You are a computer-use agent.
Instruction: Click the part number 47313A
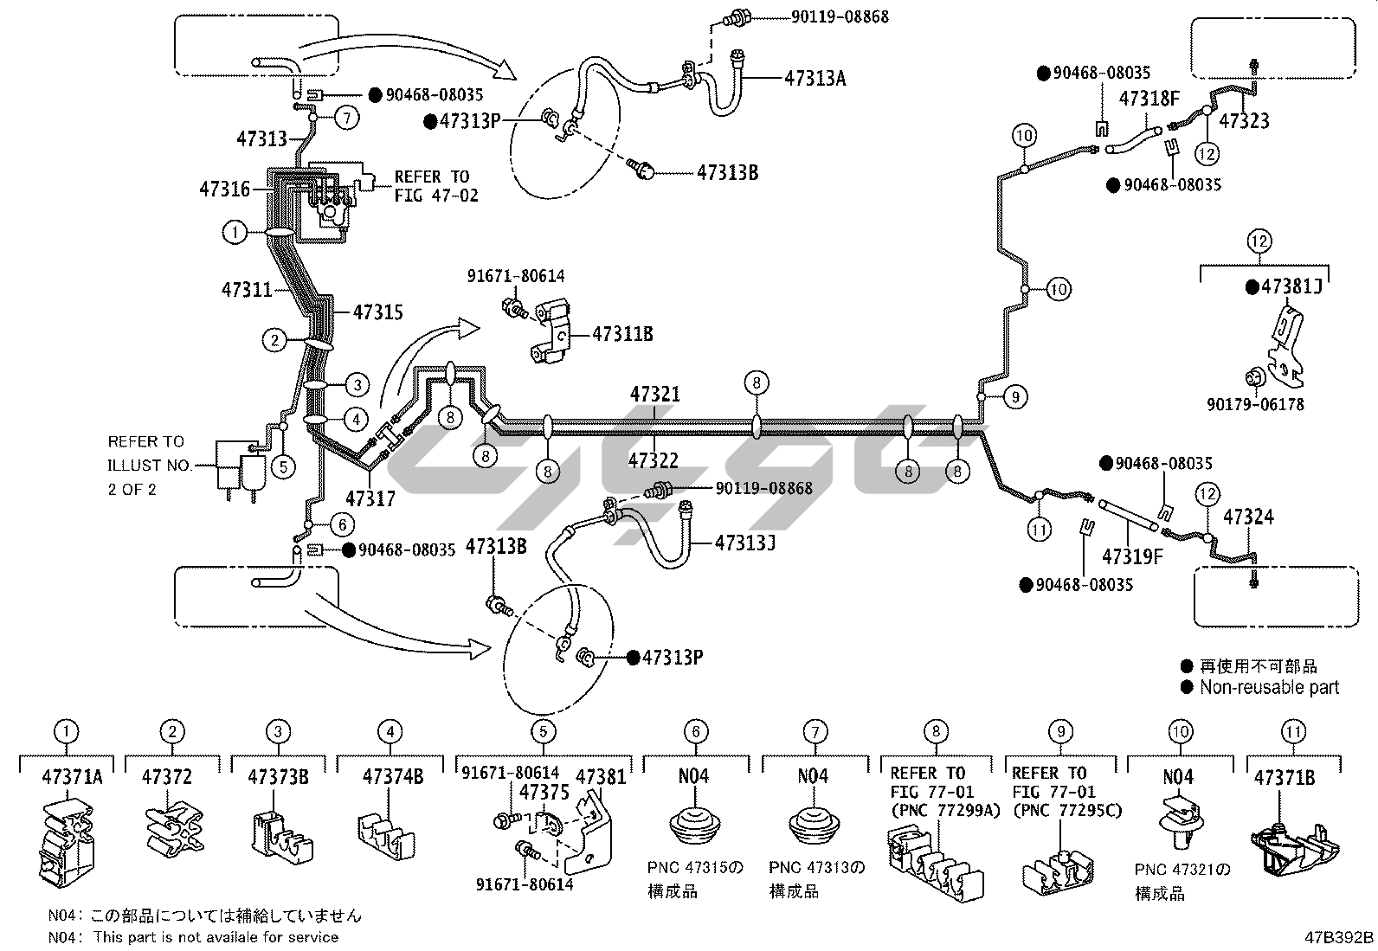pos(815,78)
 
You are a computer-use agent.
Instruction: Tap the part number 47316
pos(224,189)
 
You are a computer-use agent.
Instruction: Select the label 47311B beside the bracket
pos(622,334)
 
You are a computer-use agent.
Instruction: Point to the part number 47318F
pos(1149,99)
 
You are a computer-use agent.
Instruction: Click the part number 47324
pos(1248,517)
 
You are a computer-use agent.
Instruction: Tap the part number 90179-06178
pos(1255,404)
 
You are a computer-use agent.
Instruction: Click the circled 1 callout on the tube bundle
pos(235,233)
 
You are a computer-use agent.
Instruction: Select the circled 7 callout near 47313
pos(347,118)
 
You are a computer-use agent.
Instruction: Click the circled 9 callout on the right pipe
pos(1015,397)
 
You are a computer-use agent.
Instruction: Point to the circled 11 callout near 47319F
pos(1039,529)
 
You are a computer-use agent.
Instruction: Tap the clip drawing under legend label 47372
pos(174,829)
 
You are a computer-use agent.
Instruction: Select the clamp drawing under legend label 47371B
pos(1294,848)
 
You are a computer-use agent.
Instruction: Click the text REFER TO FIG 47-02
pos(436,186)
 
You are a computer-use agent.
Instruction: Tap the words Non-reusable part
pos(1269,687)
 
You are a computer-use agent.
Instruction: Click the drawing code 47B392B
pos(1339,937)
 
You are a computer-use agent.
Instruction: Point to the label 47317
pos(370,498)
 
